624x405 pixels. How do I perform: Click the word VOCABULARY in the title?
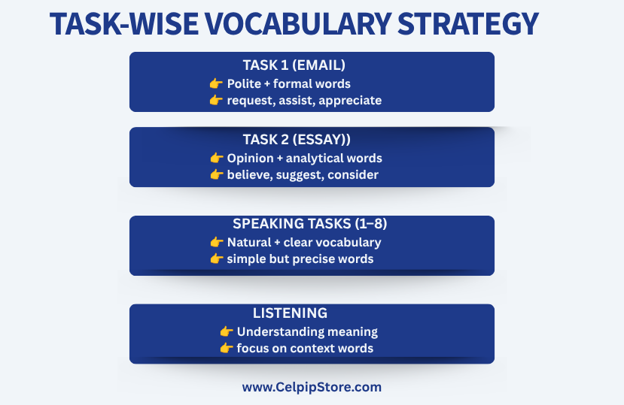[x=298, y=24]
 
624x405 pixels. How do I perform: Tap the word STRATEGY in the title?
[x=468, y=24]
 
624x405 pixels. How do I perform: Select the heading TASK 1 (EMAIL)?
[x=294, y=65]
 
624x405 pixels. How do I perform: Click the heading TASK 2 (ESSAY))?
[x=297, y=140]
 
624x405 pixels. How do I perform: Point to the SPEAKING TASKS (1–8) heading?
[x=309, y=224]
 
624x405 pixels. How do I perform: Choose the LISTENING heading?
[x=290, y=313]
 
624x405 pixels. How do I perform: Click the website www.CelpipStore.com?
[x=312, y=387]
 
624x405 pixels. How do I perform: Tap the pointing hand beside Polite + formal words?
[x=216, y=83]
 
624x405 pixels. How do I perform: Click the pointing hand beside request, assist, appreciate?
[x=216, y=100]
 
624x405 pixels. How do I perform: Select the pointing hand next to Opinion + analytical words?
[x=217, y=158]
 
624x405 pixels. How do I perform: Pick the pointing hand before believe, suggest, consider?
[x=217, y=174]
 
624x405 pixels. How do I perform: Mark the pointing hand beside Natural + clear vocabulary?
[x=217, y=242]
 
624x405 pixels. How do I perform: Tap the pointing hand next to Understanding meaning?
[x=227, y=331]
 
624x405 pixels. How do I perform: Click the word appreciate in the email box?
[x=350, y=101]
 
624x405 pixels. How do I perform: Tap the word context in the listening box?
[x=309, y=349]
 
